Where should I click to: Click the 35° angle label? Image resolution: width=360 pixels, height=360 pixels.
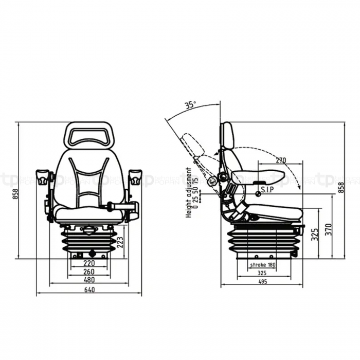pos(190,105)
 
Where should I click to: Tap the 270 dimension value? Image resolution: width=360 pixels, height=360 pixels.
pos(280,160)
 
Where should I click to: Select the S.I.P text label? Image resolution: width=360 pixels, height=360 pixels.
pos(267,190)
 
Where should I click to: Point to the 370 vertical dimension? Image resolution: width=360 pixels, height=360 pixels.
pos(328,228)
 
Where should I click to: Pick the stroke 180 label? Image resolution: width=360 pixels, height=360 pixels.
pos(262,264)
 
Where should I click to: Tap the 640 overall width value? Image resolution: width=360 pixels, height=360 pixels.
pos(89,290)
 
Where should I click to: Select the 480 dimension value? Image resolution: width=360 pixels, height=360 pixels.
pos(89,280)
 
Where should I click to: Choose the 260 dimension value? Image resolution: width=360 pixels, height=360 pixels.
pos(89,271)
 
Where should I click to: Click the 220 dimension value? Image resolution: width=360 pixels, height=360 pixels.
pos(89,262)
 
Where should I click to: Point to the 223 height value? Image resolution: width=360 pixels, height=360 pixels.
pos(120,242)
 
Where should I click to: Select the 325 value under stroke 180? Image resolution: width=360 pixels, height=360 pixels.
pos(262,273)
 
